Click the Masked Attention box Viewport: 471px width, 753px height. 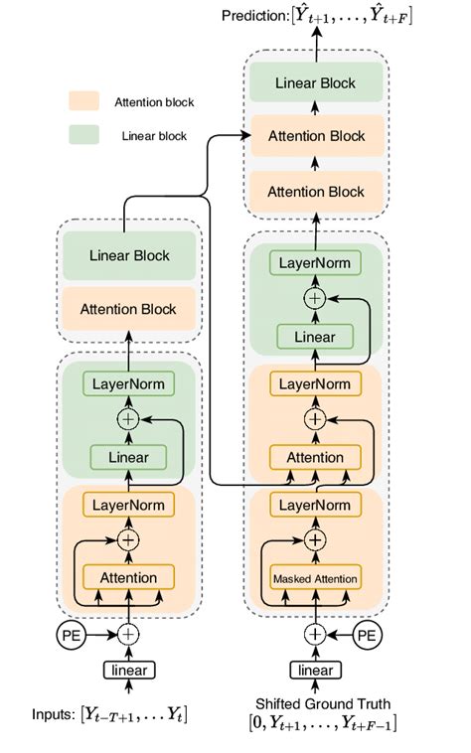pyautogui.click(x=314, y=578)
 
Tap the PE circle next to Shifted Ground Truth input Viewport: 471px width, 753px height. pyautogui.click(x=368, y=634)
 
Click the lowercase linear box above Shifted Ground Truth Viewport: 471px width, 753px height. pyautogui.click(x=314, y=670)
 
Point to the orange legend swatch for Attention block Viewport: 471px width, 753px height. pyautogui.click(x=82, y=102)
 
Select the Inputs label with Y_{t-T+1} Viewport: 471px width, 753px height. pyautogui.click(x=109, y=715)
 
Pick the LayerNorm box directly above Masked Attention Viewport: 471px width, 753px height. pyautogui.click(x=314, y=505)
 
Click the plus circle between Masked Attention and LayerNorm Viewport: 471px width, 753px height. pyautogui.click(x=314, y=541)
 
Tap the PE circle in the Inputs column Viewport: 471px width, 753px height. pyautogui.click(x=73, y=633)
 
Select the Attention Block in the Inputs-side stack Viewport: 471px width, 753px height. pyautogui.click(x=130, y=309)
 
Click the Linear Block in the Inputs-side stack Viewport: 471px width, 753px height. pyautogui.click(x=130, y=255)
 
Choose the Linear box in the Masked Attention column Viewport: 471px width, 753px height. pyautogui.click(x=314, y=339)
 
